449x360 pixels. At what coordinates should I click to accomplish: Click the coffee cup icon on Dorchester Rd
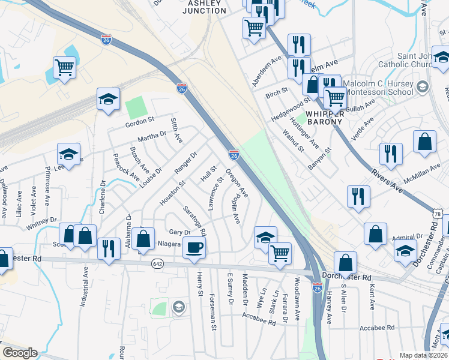(193, 247)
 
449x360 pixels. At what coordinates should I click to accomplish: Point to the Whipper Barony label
(325, 117)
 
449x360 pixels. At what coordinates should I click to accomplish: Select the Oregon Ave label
(237, 185)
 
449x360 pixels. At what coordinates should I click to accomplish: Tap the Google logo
(19, 353)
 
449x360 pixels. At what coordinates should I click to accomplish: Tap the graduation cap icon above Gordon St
(108, 100)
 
